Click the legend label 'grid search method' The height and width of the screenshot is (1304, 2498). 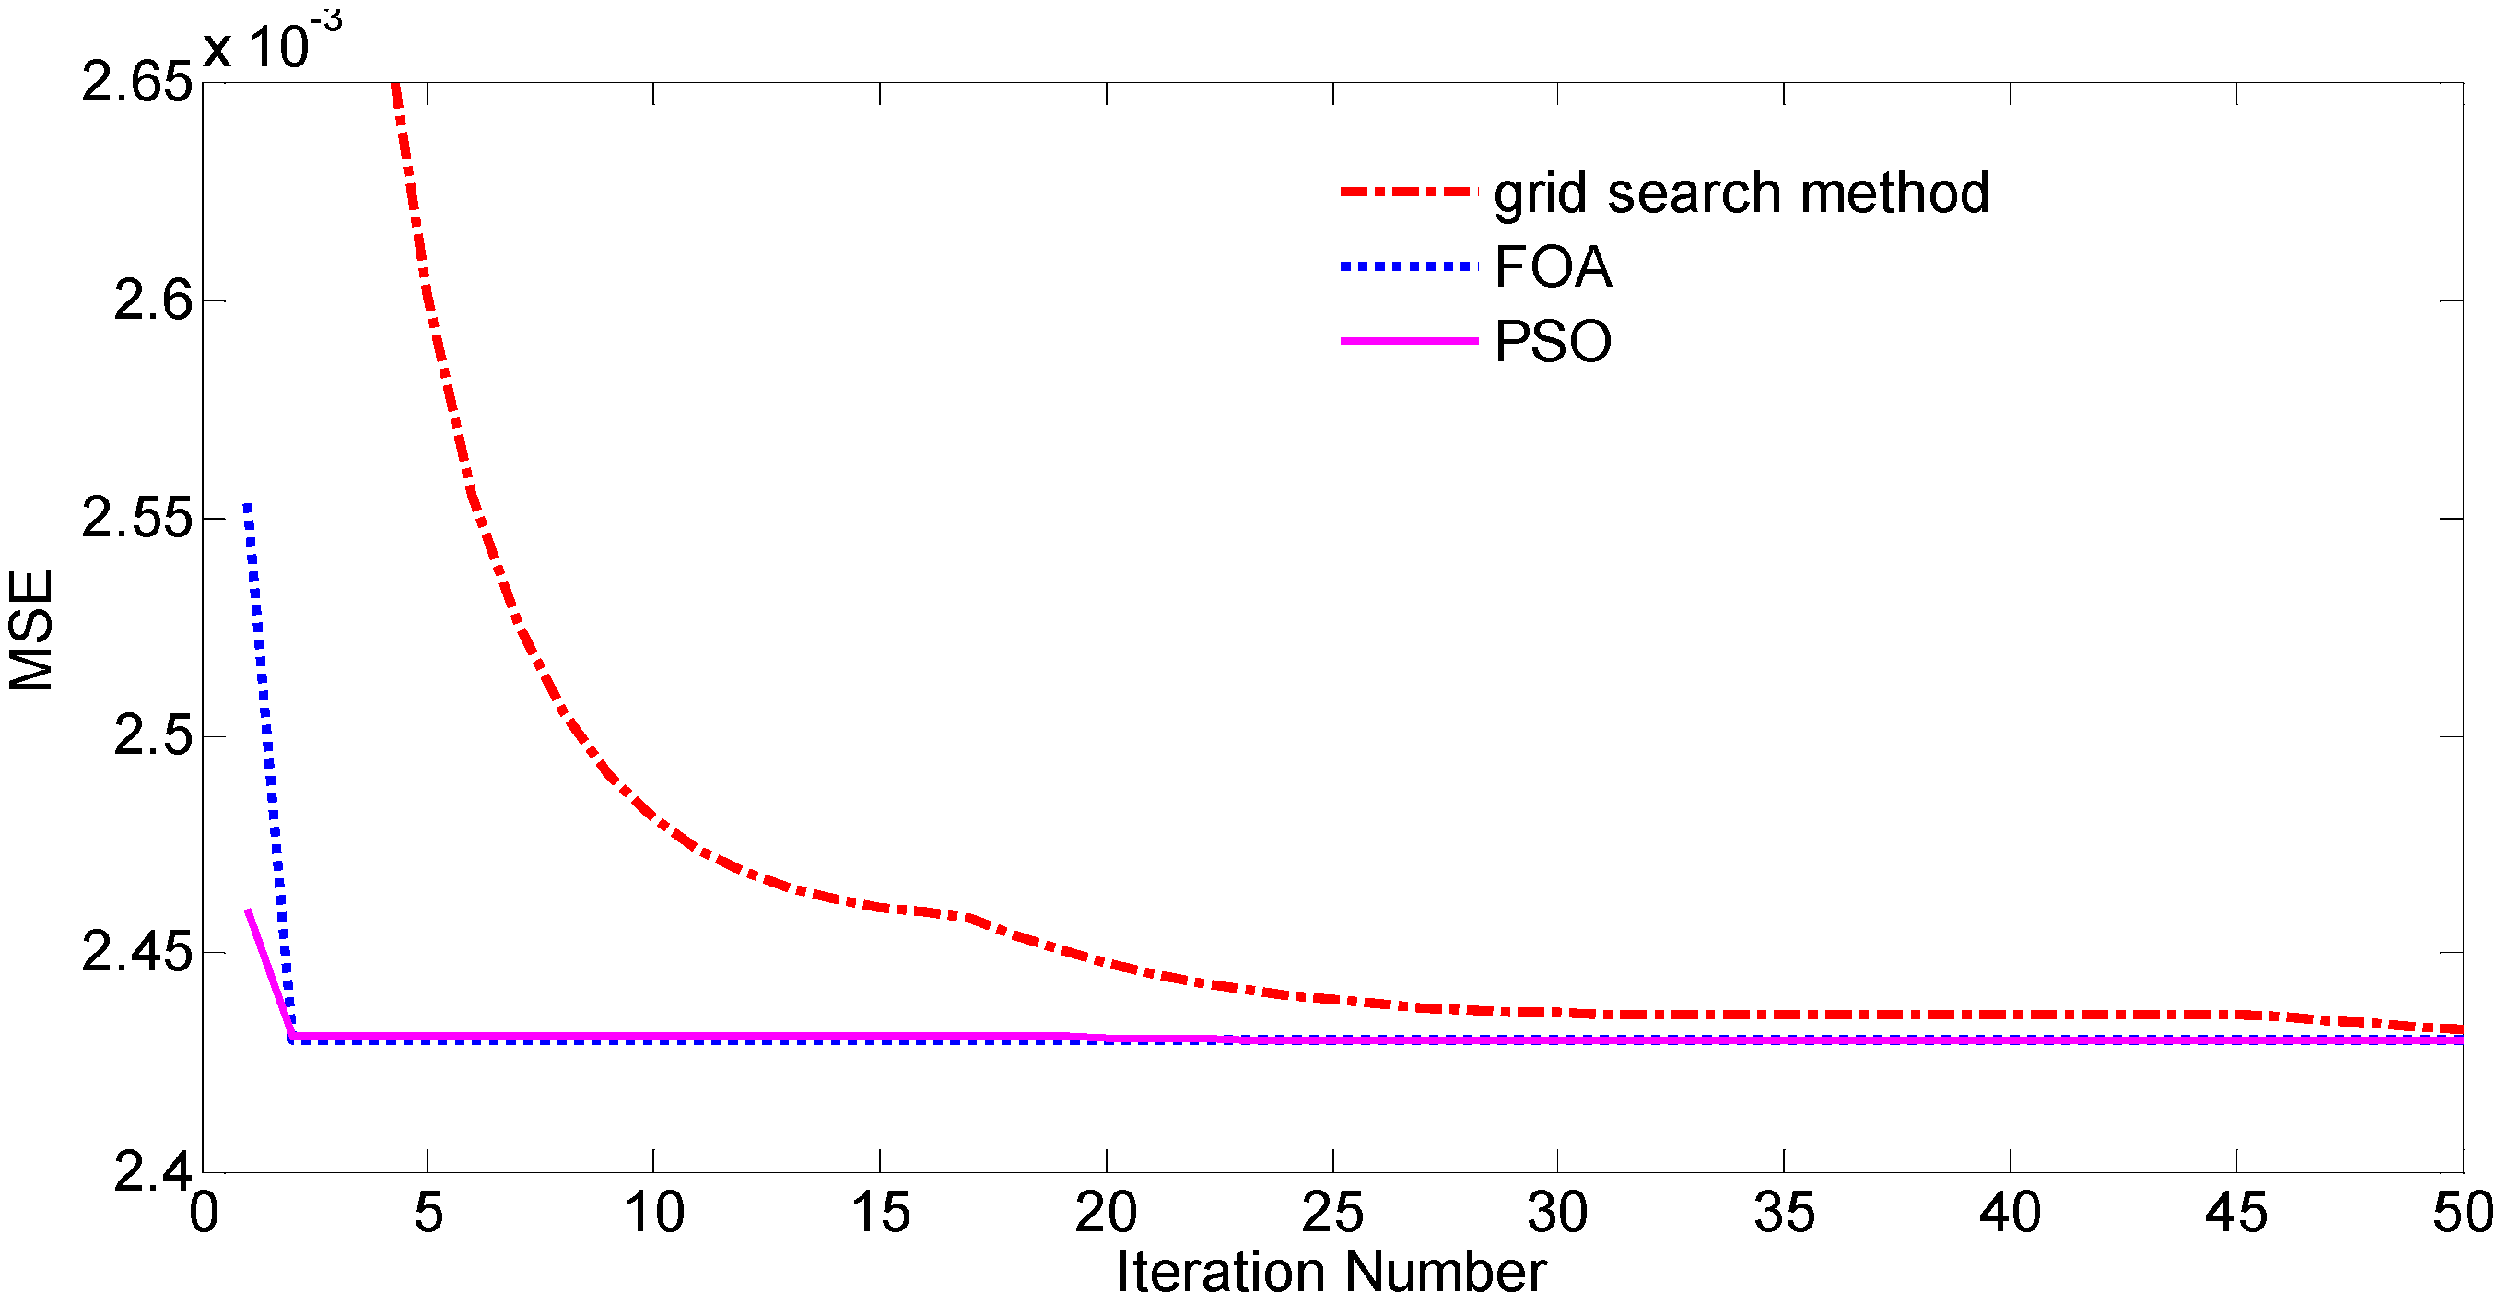1741,193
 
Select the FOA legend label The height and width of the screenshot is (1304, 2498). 1553,266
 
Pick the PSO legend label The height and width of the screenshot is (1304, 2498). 1553,341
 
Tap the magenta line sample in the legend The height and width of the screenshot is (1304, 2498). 1408,341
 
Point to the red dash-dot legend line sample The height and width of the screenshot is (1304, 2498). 1408,192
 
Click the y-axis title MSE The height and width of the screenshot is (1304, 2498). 31,629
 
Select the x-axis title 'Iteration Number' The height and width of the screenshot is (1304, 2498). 1331,1271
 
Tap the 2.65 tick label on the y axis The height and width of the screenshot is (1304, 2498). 136,80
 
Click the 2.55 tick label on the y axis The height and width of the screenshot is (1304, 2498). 136,517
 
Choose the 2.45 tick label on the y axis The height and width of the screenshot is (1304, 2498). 136,951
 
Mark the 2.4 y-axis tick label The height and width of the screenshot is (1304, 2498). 153,1171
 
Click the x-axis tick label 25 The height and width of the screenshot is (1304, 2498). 1332,1213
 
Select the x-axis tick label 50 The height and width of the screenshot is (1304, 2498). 2461,1213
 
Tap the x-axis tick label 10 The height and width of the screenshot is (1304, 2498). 653,1213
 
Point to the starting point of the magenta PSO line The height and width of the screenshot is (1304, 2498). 248,910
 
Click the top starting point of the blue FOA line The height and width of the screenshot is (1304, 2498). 248,505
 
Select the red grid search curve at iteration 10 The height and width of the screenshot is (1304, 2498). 653,819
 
